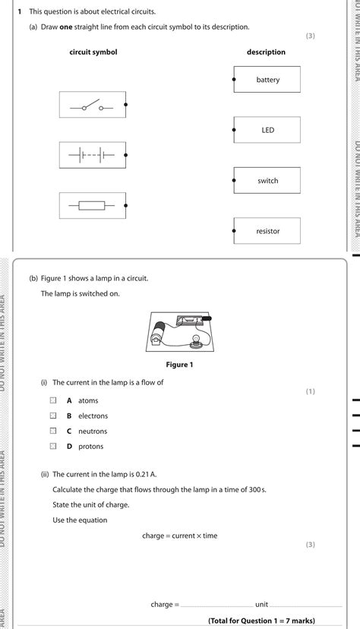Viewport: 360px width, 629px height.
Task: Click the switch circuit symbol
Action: click(92, 105)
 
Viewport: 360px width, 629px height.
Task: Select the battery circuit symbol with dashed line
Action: click(92, 155)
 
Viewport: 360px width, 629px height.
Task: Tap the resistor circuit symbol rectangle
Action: click(92, 205)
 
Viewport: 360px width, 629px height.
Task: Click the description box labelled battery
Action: click(267, 80)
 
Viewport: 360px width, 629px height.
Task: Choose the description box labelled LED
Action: click(267, 130)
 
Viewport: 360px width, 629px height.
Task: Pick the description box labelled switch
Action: click(267, 181)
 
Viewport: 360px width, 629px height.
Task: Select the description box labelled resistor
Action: click(267, 231)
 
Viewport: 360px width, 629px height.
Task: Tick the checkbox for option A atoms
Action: click(53, 400)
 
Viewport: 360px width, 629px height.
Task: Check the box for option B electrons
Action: click(53, 416)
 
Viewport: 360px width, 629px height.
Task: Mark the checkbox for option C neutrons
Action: click(53, 431)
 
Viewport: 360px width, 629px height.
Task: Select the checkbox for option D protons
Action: click(53, 446)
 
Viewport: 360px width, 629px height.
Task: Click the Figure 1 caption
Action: click(179, 365)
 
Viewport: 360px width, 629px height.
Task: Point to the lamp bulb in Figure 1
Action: click(195, 337)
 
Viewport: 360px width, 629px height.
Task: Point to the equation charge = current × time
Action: click(179, 536)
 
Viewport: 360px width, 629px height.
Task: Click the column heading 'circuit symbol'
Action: click(93, 52)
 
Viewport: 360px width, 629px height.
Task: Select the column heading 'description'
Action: click(266, 52)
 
